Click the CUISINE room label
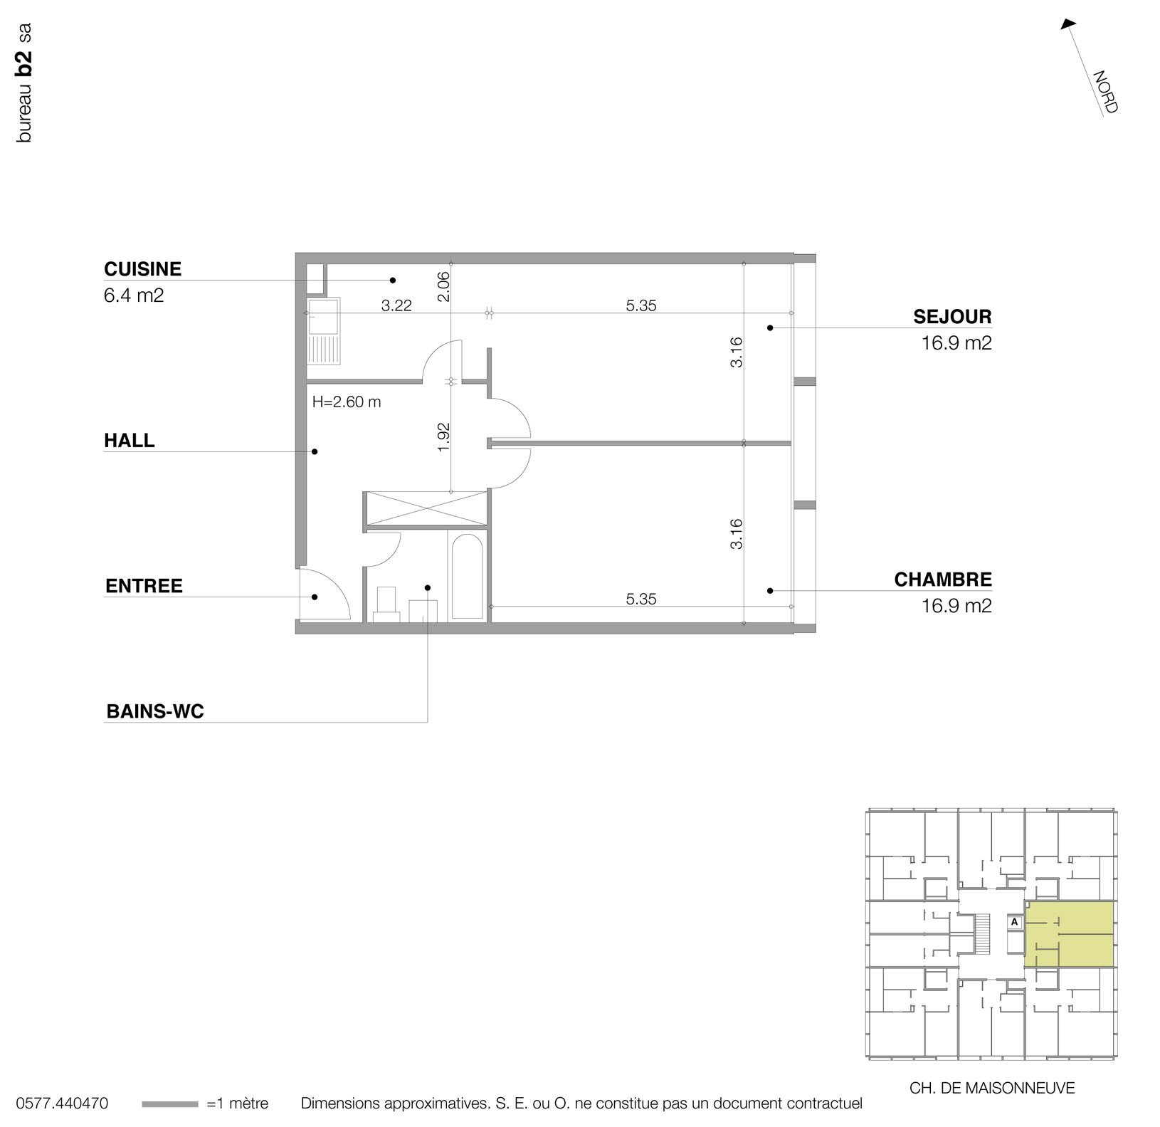[x=142, y=269]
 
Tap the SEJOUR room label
[x=952, y=317]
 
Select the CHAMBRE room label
[x=942, y=580]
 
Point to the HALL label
[x=129, y=441]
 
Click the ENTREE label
[x=144, y=586]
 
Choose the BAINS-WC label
[x=154, y=711]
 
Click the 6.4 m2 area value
[x=134, y=295]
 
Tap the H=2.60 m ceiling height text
[x=347, y=402]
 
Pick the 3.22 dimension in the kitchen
[x=396, y=306]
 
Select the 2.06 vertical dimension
[x=443, y=286]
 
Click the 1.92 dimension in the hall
[x=443, y=437]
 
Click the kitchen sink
[x=323, y=317]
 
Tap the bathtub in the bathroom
[x=467, y=576]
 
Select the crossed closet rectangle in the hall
[x=425, y=508]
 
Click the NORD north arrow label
[x=1104, y=92]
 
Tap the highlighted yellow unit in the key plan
[x=1069, y=933]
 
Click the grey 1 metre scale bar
[x=169, y=1104]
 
